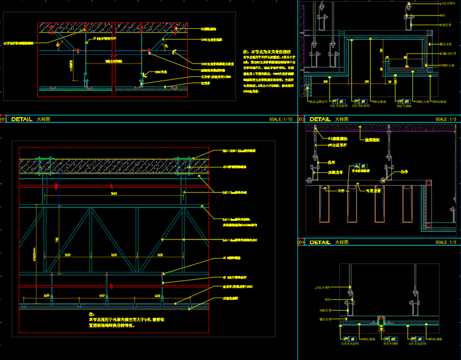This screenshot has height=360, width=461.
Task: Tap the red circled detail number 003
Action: [301, 119]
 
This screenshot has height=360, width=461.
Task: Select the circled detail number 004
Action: [301, 242]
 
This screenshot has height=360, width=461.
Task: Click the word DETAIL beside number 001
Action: [22, 119]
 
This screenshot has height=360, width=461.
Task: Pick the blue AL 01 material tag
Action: [360, 166]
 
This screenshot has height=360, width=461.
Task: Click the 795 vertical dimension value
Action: [58, 240]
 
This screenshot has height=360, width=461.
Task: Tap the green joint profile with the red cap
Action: [380, 322]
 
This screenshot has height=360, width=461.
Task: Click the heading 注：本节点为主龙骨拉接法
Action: [267, 52]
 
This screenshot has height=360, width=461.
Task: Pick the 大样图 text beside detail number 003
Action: [343, 119]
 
